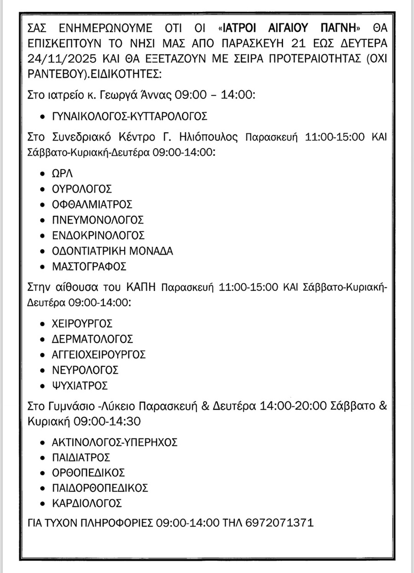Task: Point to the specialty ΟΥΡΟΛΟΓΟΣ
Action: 82,189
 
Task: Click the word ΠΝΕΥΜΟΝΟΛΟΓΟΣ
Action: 98,220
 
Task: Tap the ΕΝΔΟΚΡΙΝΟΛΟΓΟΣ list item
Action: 99,235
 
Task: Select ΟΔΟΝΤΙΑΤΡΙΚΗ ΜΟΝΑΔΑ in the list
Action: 113,251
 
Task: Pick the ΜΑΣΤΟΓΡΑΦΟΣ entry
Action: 89,266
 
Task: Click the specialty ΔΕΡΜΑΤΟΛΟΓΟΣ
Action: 93,339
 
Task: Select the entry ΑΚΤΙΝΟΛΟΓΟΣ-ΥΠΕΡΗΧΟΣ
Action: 115,442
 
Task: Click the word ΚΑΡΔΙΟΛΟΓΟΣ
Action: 87,502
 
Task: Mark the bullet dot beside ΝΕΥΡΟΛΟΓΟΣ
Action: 43,370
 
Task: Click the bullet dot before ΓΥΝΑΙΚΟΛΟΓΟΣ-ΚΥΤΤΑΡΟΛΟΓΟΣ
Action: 43,116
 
